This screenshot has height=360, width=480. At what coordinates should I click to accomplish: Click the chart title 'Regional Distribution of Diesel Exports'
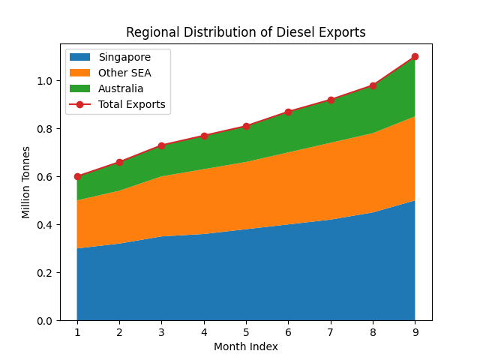(x=246, y=32)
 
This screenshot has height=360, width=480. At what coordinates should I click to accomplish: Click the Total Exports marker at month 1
(x=77, y=177)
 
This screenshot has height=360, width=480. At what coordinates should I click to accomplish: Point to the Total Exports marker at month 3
(x=161, y=145)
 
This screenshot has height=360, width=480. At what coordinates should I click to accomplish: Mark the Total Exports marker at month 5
(x=246, y=127)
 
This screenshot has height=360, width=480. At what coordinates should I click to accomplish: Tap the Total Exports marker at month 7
(x=331, y=100)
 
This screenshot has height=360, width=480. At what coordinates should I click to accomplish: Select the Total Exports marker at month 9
(x=415, y=57)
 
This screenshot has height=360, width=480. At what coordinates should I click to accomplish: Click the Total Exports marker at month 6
(x=288, y=112)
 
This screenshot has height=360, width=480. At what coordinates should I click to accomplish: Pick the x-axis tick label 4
(x=204, y=332)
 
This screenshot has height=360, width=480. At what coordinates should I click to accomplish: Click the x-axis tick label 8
(x=373, y=332)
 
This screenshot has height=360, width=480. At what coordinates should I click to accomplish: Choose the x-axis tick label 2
(x=119, y=332)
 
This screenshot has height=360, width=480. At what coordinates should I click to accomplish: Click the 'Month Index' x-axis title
(x=246, y=346)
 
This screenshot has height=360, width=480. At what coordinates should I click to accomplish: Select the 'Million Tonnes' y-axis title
(x=26, y=182)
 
